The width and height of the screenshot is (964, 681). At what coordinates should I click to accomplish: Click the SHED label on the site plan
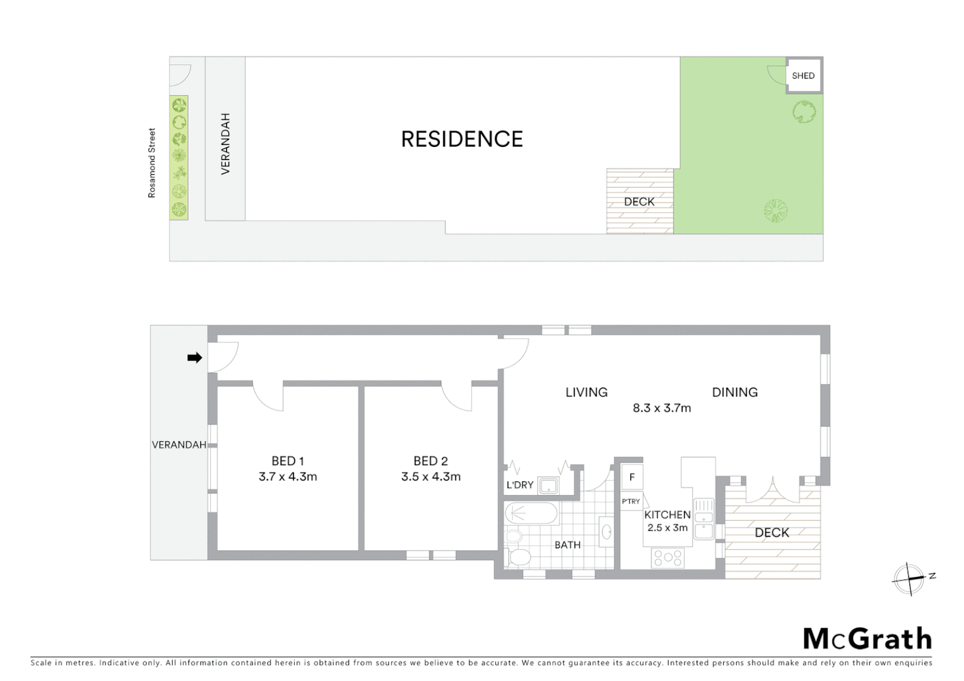click(x=803, y=76)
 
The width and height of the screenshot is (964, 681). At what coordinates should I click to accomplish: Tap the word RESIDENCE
click(x=462, y=139)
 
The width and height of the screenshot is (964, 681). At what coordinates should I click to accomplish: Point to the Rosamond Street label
click(x=151, y=163)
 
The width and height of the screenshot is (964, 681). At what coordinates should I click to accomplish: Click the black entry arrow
click(x=194, y=358)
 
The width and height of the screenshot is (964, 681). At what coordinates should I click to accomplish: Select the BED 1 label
click(x=288, y=461)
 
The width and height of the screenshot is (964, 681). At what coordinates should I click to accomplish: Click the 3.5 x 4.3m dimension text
click(x=431, y=477)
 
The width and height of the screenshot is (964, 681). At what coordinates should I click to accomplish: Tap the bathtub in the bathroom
click(x=531, y=513)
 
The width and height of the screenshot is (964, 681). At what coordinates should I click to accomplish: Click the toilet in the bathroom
click(x=520, y=557)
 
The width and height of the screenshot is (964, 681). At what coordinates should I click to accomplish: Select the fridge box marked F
click(x=632, y=478)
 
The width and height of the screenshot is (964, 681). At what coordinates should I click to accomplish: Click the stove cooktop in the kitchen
click(x=667, y=557)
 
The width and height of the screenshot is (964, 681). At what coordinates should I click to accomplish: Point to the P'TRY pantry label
click(x=631, y=502)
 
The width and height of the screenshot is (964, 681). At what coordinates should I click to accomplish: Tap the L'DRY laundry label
click(x=520, y=486)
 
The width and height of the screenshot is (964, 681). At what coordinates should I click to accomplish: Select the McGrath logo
click(x=867, y=639)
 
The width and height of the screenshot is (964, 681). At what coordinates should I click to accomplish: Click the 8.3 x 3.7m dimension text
click(x=662, y=408)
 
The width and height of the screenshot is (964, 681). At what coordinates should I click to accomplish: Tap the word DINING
click(x=734, y=392)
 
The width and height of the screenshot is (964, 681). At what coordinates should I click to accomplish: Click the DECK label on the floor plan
click(x=772, y=533)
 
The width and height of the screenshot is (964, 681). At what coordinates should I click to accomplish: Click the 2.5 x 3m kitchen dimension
click(x=667, y=528)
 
